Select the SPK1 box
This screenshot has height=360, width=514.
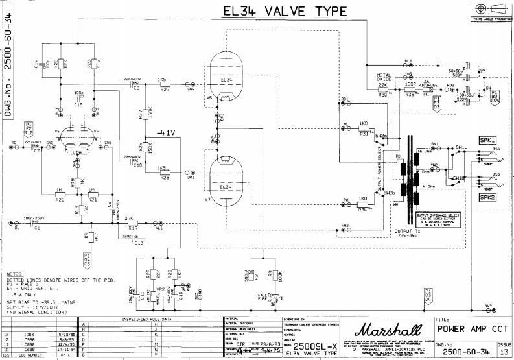click(x=487, y=140)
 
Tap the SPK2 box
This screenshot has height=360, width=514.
click(x=487, y=196)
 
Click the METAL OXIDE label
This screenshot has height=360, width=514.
click(x=384, y=78)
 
